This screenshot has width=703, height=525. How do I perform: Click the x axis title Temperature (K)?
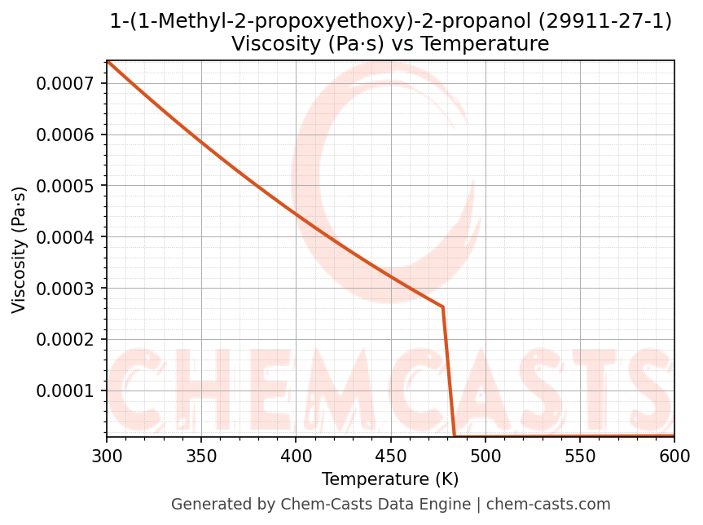390,479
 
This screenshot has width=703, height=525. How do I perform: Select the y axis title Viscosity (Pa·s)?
20,249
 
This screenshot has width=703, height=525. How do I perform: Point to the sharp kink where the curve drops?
443,307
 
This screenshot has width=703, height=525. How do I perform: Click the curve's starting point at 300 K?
108,61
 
